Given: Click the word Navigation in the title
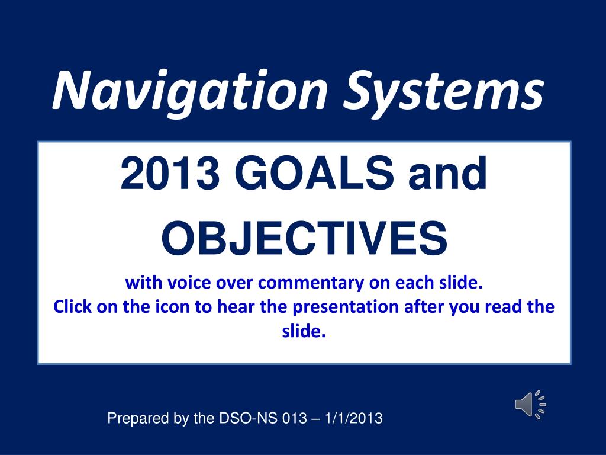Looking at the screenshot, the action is coord(190,91).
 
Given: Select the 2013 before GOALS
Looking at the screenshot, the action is coord(170,173).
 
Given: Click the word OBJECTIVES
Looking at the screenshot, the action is coord(305,238).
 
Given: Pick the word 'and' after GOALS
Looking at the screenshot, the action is coord(448,173).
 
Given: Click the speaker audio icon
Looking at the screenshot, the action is coord(530,404).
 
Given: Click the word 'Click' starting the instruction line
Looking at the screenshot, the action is coord(72,307).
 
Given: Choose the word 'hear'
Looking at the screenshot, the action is coord(236,307).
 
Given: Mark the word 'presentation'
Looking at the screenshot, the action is coord(346,307).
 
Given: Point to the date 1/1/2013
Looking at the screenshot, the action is coord(354,418).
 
